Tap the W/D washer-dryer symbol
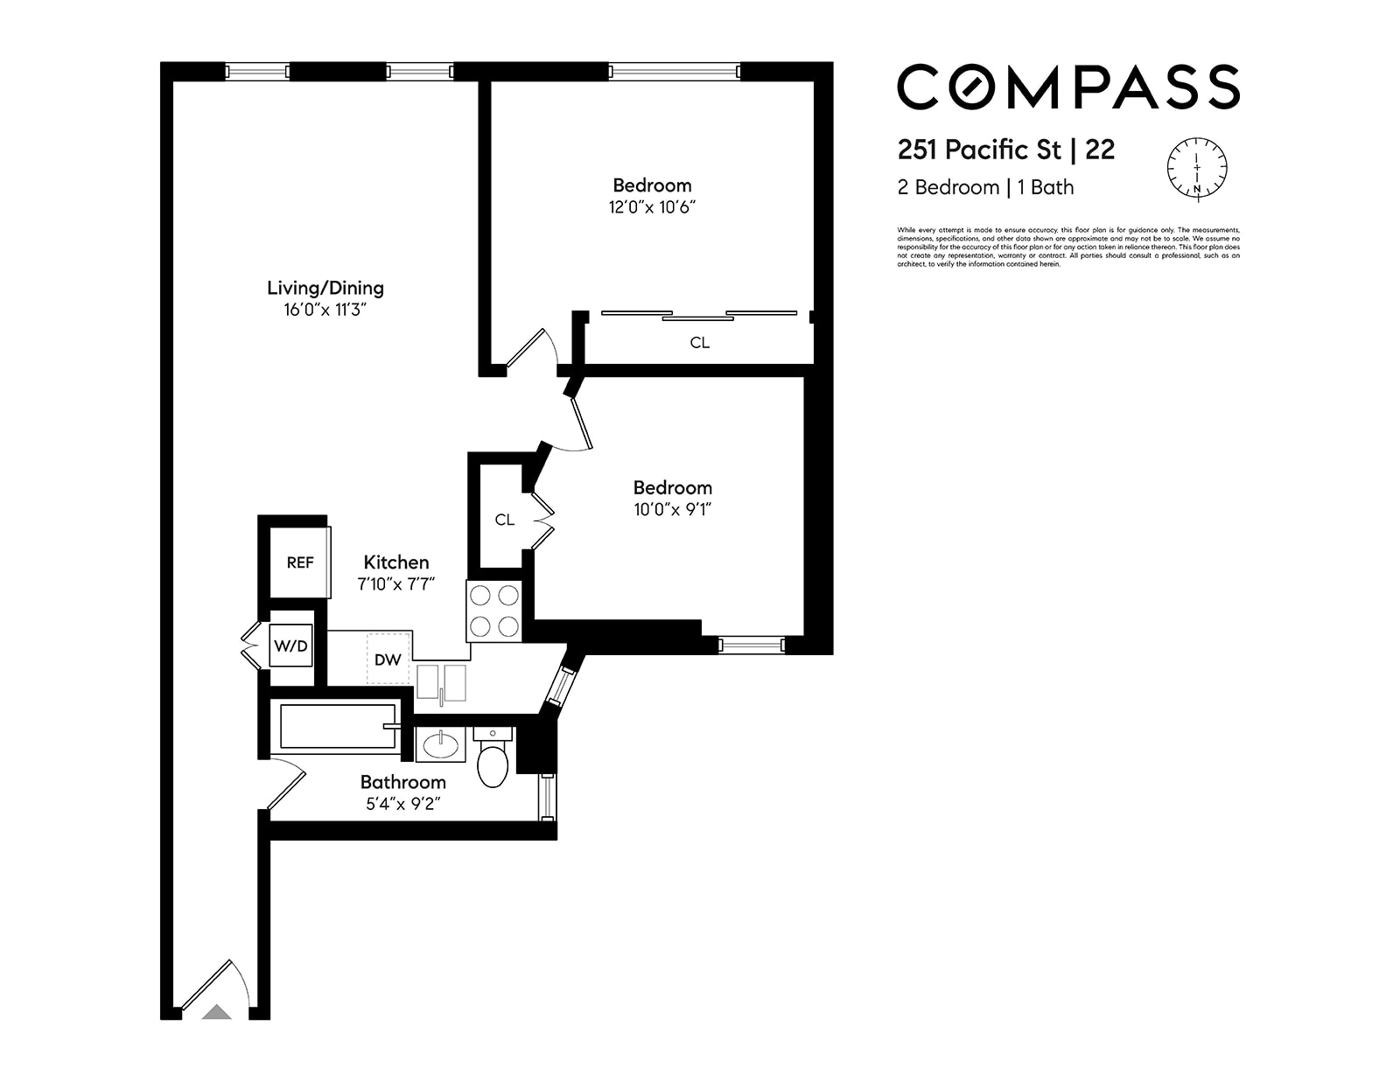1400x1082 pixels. click(290, 646)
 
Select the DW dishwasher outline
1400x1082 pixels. click(388, 659)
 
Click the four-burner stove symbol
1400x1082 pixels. click(493, 611)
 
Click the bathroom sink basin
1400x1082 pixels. click(440, 745)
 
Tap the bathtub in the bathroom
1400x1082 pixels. click(337, 726)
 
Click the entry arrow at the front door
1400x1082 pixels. click(217, 1012)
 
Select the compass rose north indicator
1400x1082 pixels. click(1197, 166)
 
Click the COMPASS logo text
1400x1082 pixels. click(1067, 87)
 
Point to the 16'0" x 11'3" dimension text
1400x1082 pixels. click(324, 310)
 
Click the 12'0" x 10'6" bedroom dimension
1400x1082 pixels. click(652, 207)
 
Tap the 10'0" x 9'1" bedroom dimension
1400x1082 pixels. click(672, 509)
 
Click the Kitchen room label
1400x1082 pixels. click(396, 562)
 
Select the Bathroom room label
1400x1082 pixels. click(402, 782)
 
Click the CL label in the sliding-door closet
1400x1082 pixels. click(699, 343)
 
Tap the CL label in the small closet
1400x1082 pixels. click(504, 520)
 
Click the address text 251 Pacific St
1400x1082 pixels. click(979, 150)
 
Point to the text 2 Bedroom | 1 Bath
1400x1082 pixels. click(985, 187)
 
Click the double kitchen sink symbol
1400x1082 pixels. click(442, 682)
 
